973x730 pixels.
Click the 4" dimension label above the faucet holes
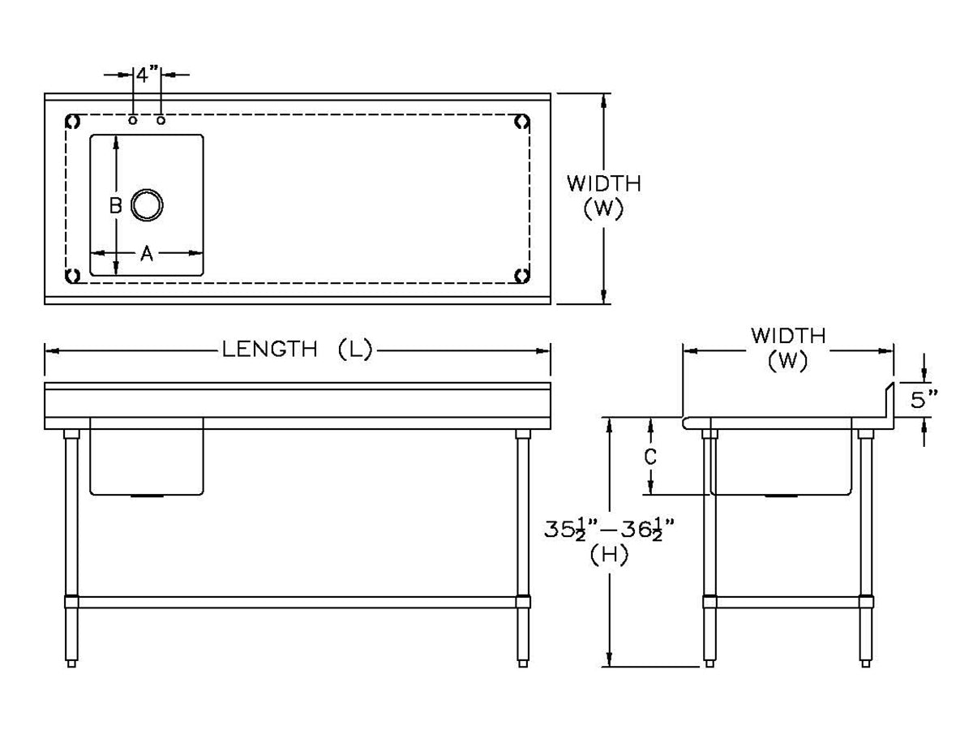click(147, 75)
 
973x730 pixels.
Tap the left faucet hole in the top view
click(132, 120)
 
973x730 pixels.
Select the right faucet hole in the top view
click(161, 120)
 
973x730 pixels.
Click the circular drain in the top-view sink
click(147, 204)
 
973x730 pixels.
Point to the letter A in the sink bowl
click(147, 254)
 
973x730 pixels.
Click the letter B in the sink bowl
click(116, 205)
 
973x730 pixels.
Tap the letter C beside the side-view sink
click(650, 457)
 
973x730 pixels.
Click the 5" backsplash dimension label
click(924, 400)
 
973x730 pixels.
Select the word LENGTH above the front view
click(269, 350)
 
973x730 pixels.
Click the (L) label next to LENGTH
click(354, 350)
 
